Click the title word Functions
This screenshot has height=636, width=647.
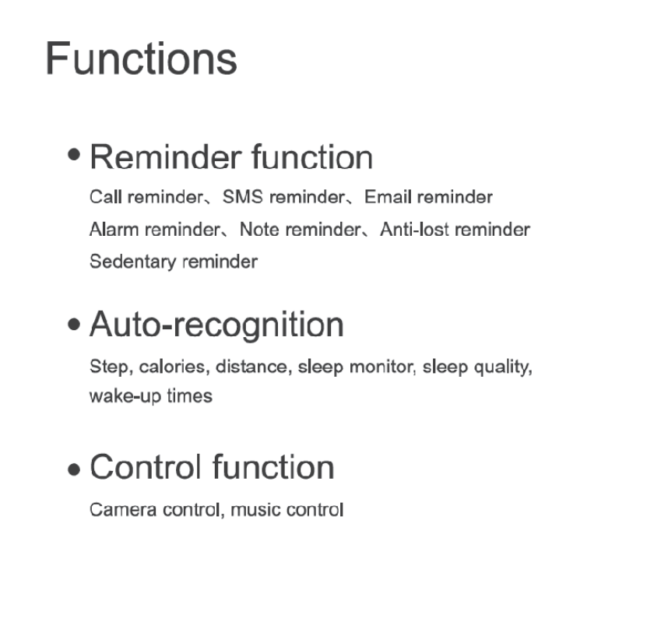(x=141, y=58)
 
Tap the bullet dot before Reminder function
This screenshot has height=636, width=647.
(x=74, y=155)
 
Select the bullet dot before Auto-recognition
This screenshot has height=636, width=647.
(x=74, y=324)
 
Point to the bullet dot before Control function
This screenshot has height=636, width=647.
(x=74, y=469)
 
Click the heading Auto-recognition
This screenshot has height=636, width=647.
(x=216, y=326)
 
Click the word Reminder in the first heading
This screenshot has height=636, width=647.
(x=166, y=157)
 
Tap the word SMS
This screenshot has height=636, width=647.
(x=243, y=197)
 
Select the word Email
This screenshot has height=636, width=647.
(x=388, y=197)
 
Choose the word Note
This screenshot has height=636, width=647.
(x=259, y=230)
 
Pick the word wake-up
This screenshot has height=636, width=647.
(x=125, y=397)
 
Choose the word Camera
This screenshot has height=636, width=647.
(x=123, y=510)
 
